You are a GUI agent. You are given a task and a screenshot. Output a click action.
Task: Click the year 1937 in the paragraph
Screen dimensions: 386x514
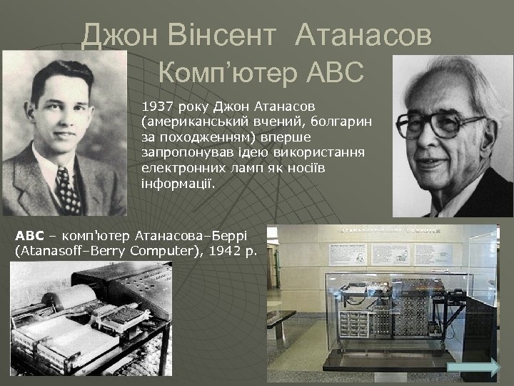click(x=156, y=107)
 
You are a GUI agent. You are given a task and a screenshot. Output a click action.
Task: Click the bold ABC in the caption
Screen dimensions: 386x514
click(x=29, y=235)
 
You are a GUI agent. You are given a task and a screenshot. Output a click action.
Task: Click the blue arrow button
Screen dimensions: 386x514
click(x=476, y=367)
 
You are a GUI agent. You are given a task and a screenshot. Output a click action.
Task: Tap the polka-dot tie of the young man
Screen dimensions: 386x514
click(x=68, y=189)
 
